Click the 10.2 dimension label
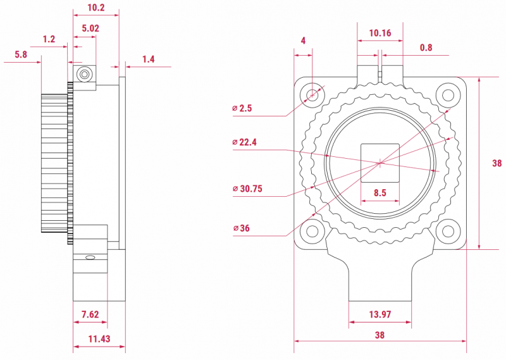(96, 8)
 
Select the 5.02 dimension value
(90, 28)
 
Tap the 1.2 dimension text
(49, 39)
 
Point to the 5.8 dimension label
(21, 54)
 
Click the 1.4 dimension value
(149, 59)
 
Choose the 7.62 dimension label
(90, 314)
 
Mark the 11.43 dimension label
(99, 338)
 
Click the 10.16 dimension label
(380, 33)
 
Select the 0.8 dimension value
(426, 48)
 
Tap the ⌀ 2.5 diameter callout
(242, 108)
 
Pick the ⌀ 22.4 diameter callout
(244, 142)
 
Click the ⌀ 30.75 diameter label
(247, 189)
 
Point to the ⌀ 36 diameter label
(242, 228)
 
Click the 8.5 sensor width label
(380, 193)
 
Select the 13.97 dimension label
(380, 314)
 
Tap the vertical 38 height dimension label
(497, 163)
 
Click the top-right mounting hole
(448, 96)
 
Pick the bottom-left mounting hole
(312, 231)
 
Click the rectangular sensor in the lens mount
(380, 163)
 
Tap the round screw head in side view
(85, 74)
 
